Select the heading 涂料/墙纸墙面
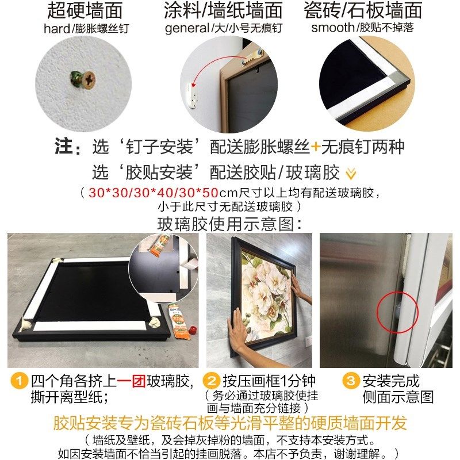224,10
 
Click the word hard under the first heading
55,28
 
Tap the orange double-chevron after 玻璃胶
350,172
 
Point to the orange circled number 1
21,381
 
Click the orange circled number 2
212,381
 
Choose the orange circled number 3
350,381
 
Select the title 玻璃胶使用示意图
229,223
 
